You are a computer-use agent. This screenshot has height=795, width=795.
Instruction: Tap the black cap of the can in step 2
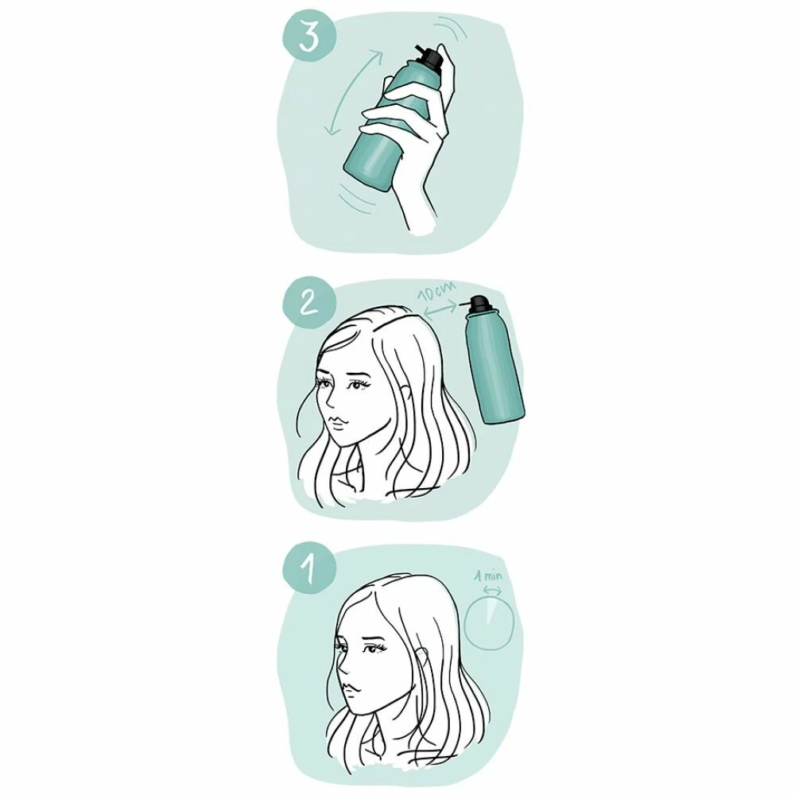pyautogui.click(x=479, y=303)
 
